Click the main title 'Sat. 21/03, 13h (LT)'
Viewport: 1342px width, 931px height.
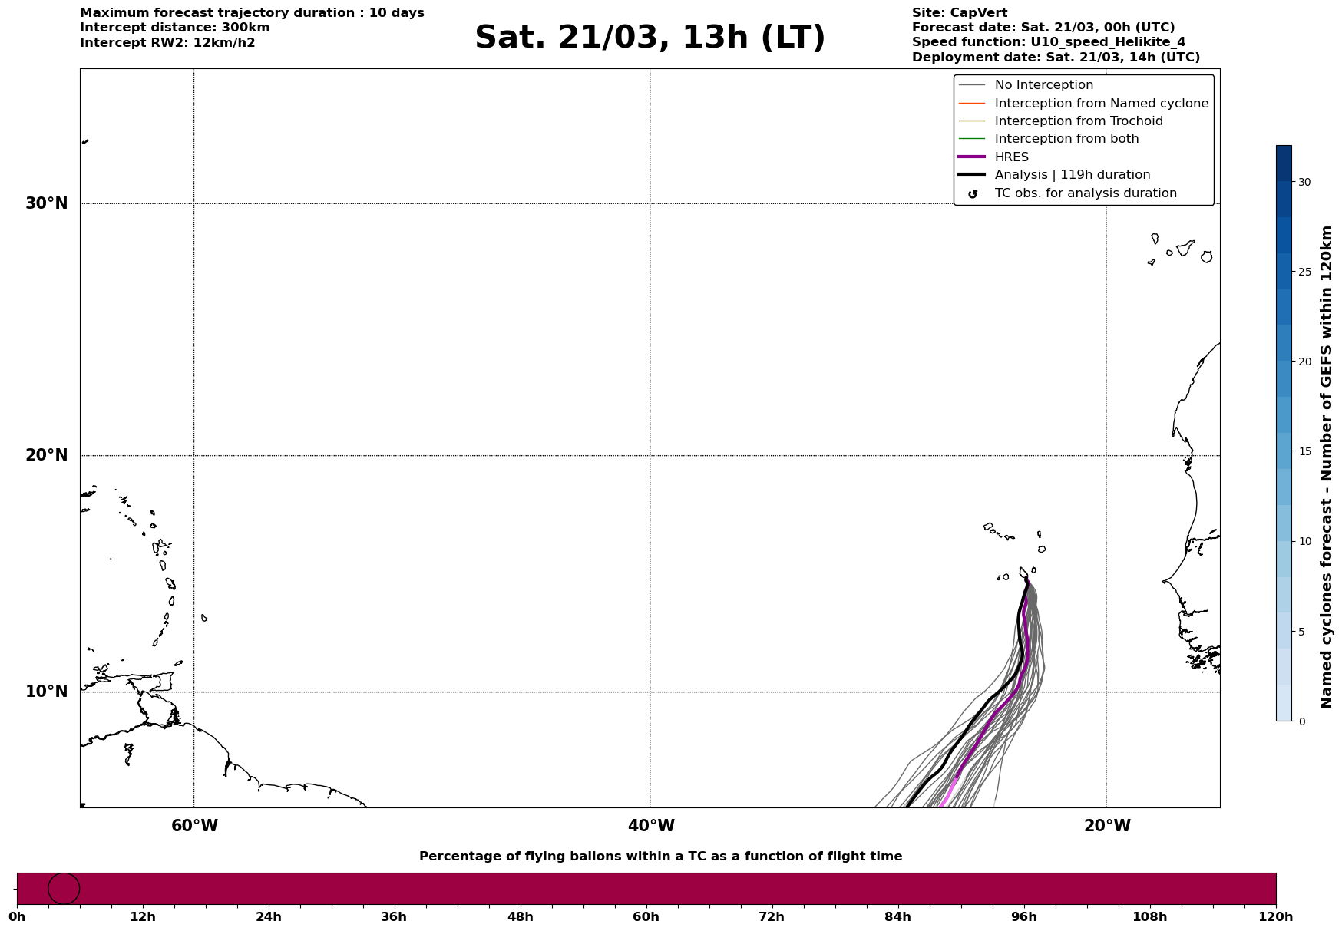[x=650, y=38]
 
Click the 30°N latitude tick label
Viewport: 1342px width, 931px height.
[x=46, y=203]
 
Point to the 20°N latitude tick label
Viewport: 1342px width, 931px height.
[x=46, y=455]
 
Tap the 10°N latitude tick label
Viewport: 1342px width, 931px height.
[x=46, y=692]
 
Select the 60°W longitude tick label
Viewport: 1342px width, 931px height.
[x=194, y=826]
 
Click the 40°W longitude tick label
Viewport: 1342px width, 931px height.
[x=651, y=826]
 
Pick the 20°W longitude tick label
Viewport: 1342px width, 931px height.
[x=1107, y=826]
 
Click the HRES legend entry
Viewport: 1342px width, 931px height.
[x=1011, y=157]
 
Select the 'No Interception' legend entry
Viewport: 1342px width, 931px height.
[x=1043, y=85]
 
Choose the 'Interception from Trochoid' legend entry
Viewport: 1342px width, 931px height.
[x=1078, y=121]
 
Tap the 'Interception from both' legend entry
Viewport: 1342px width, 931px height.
[x=1066, y=139]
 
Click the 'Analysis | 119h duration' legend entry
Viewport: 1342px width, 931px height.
[x=1072, y=175]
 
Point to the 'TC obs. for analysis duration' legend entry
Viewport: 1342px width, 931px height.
[x=1085, y=193]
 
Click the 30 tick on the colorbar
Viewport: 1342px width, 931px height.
[x=1304, y=182]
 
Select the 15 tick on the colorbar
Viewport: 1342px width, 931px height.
[x=1304, y=451]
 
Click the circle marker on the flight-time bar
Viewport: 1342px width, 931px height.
[x=64, y=889]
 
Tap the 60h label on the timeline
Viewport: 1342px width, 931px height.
[x=646, y=917]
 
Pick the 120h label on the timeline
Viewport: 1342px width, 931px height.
[x=1276, y=917]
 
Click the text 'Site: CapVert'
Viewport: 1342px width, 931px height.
[x=959, y=13]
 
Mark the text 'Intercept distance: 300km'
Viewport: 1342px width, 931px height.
[x=174, y=28]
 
